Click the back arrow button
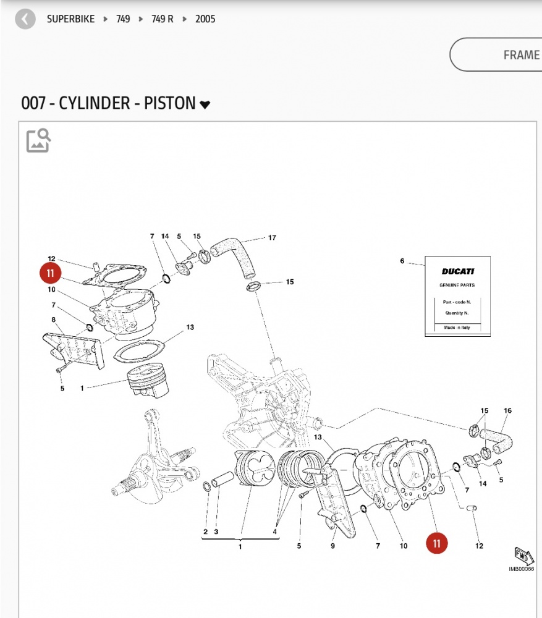pos(25,19)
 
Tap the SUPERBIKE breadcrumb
pos(71,19)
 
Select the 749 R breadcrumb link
pos(163,19)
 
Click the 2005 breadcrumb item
pos(205,19)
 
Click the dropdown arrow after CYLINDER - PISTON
pos(205,105)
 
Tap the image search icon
pos(38,140)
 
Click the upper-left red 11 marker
pos(51,273)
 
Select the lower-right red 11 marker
pos(437,543)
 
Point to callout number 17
pos(271,238)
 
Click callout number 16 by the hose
pos(508,411)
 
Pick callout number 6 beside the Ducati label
pos(402,261)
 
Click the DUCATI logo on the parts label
pos(457,271)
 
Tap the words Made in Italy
pos(457,328)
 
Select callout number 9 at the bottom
pos(332,546)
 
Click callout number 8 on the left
pos(54,320)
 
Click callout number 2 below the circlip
pos(205,531)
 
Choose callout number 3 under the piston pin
pos(216,531)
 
